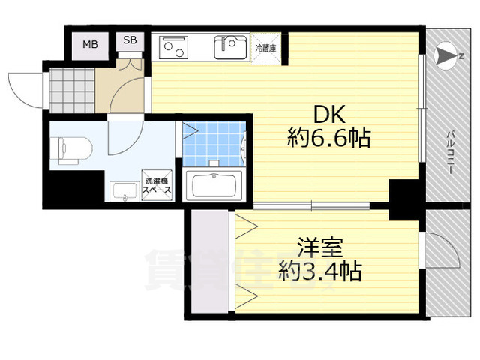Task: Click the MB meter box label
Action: tap(89, 44)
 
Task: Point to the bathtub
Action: tap(213, 184)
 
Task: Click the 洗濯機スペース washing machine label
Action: tap(157, 184)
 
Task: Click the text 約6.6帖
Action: tap(329, 138)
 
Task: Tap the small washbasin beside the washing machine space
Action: tap(123, 192)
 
